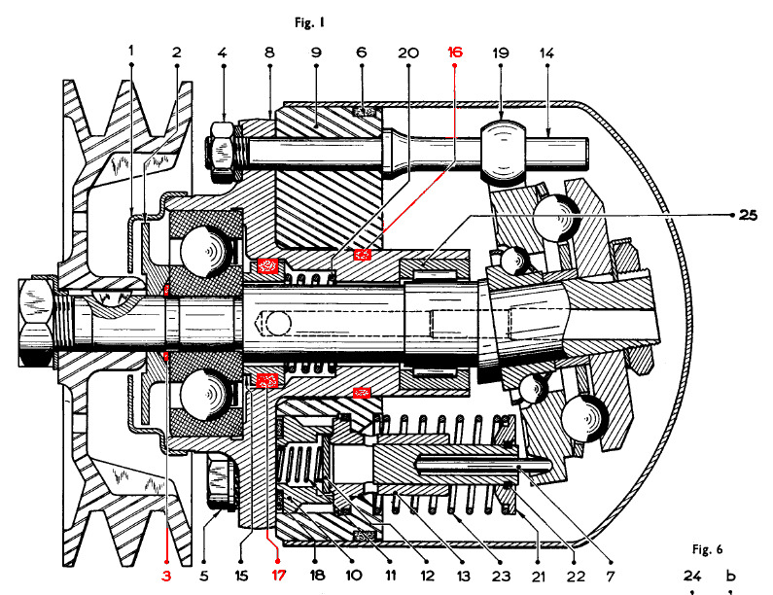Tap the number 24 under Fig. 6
point(691,575)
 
